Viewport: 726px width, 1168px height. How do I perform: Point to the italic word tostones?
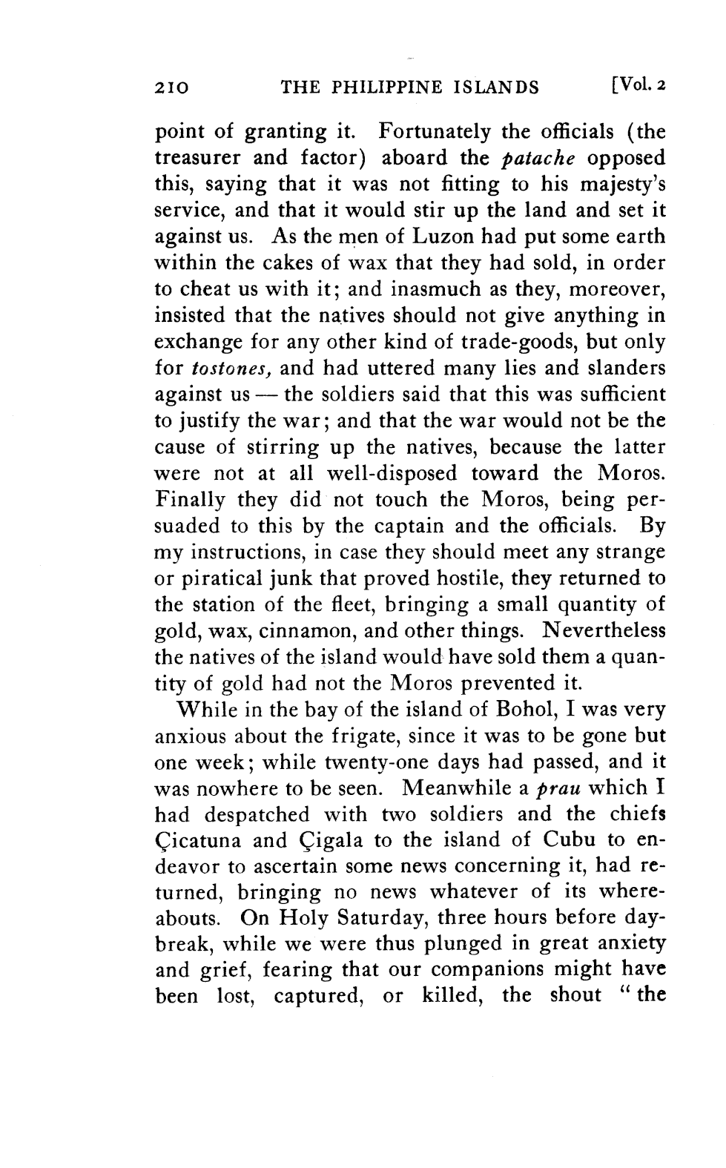point(229,369)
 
